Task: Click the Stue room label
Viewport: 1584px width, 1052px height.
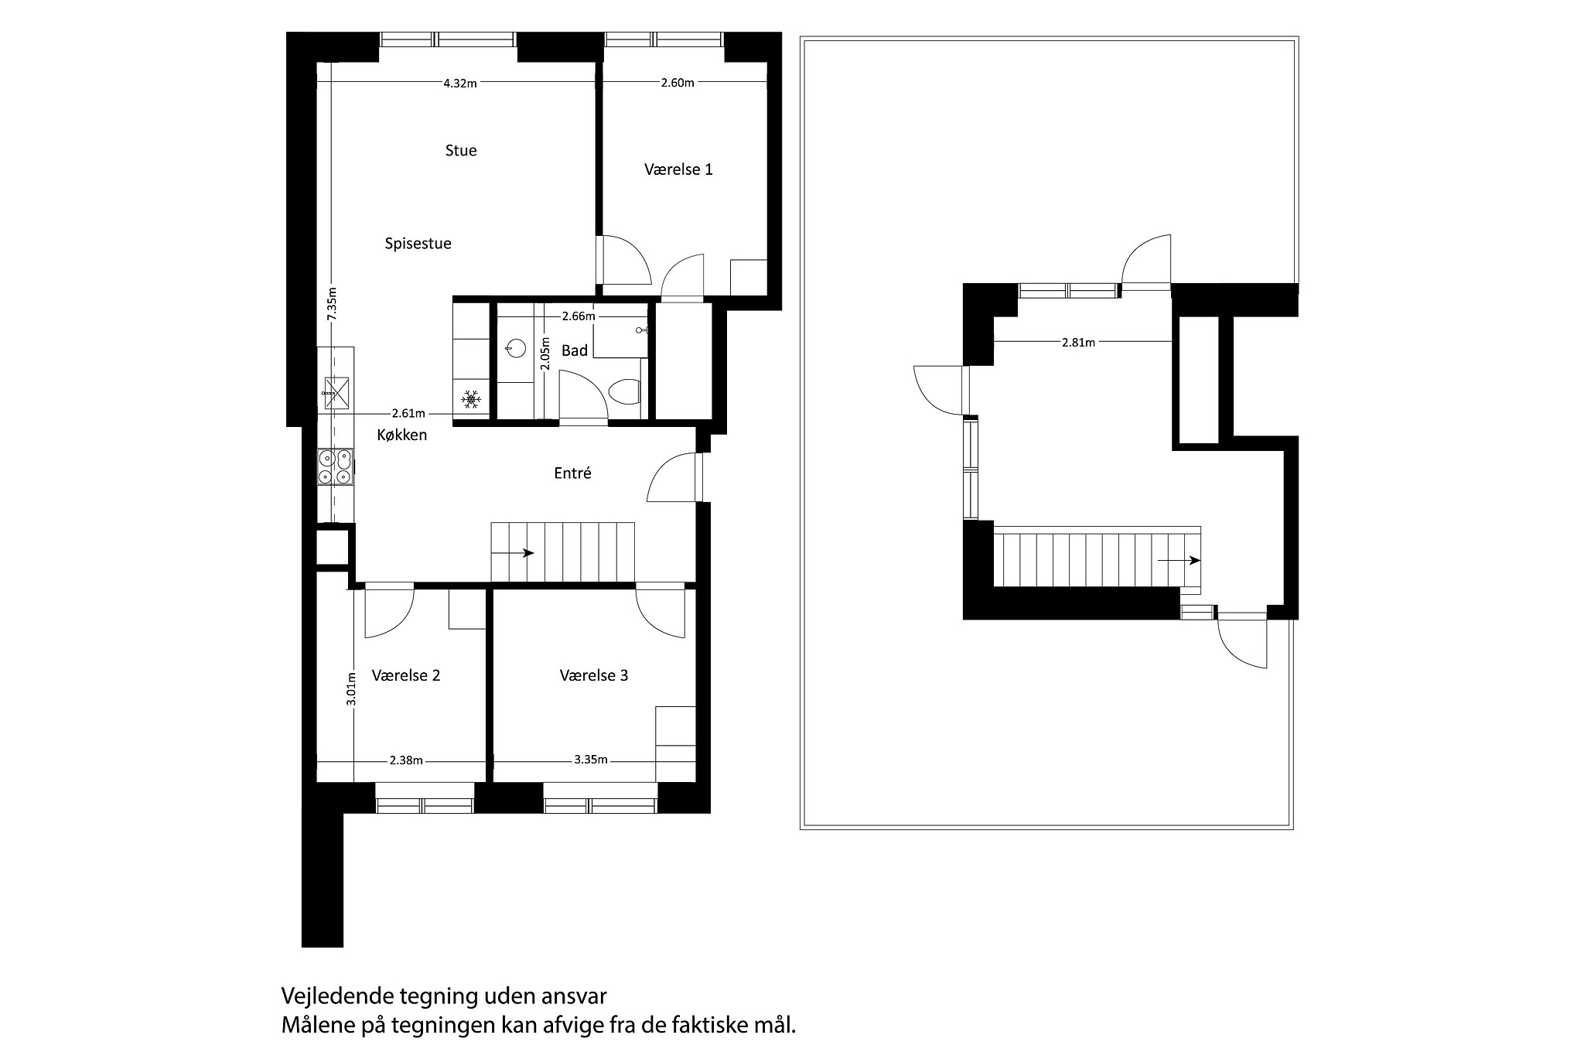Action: click(461, 150)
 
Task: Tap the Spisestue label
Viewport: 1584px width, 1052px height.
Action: click(418, 244)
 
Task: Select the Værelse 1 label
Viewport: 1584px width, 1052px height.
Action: click(678, 169)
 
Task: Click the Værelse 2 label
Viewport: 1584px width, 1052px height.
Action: click(406, 675)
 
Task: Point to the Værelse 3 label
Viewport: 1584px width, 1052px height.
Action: click(594, 675)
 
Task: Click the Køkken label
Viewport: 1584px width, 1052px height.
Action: click(401, 435)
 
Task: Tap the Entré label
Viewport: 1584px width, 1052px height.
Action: click(572, 473)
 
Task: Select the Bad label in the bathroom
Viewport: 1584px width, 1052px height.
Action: click(575, 350)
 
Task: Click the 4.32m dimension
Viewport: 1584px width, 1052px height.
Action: click(460, 84)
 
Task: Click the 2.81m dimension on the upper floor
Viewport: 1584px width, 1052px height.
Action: click(1078, 343)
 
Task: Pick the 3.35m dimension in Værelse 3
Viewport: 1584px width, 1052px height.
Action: click(591, 760)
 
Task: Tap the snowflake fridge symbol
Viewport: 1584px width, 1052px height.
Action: click(471, 400)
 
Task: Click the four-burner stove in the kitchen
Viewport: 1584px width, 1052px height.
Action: click(336, 467)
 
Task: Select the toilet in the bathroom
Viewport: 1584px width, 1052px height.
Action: click(625, 392)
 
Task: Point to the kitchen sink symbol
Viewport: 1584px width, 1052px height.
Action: click(336, 391)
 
